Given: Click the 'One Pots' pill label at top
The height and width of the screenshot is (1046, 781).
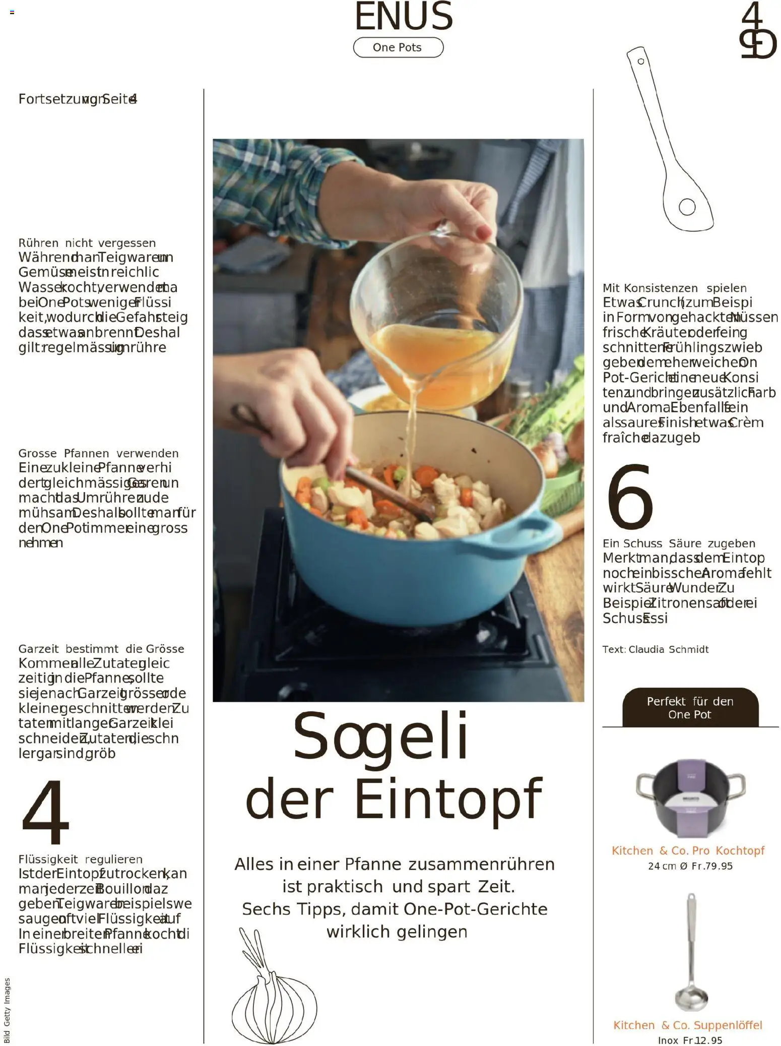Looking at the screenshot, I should (x=398, y=47).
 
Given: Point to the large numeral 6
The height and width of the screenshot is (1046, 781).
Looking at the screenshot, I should (x=629, y=497).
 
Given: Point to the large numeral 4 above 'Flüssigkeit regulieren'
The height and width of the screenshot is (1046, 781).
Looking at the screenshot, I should (x=45, y=812).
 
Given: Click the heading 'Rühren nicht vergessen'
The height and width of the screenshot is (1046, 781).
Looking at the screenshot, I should (x=87, y=243).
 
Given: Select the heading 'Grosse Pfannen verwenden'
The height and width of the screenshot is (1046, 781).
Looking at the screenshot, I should (x=98, y=453).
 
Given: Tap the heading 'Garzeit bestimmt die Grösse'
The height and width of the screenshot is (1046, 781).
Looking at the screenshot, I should (x=101, y=649).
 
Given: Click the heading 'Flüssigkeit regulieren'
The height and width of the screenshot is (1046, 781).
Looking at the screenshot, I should (x=81, y=859).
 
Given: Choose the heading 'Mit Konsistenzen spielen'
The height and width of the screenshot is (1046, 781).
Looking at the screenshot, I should (x=674, y=288).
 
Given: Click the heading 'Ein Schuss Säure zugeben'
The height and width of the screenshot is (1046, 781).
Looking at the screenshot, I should (x=679, y=543).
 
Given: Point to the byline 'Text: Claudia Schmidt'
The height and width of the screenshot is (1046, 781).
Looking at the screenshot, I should (x=655, y=649).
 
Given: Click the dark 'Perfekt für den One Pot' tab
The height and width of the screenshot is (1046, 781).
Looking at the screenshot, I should (x=690, y=708).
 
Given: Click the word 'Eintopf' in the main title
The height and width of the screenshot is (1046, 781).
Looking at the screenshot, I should (x=448, y=799).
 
